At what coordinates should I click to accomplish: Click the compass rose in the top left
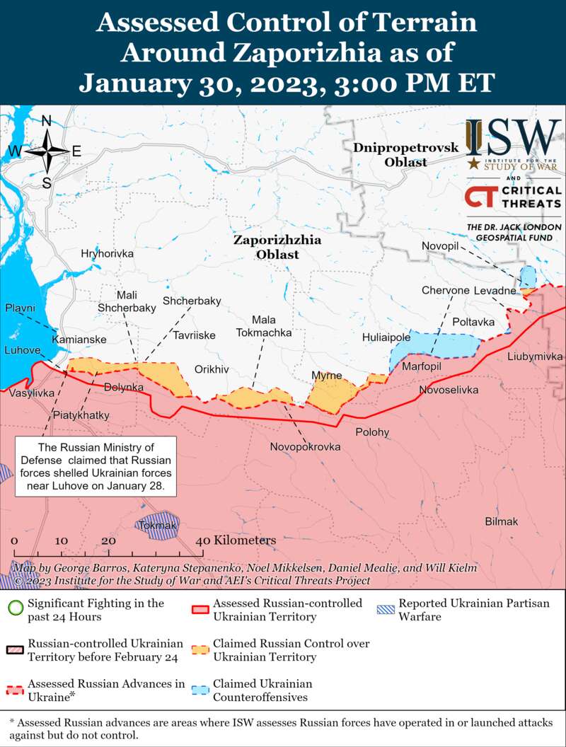tap(47, 151)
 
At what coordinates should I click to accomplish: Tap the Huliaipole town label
tap(386, 337)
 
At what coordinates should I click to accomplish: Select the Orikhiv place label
tap(212, 369)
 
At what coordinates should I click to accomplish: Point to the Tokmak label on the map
tap(158, 526)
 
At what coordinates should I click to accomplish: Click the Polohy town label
tap(372, 432)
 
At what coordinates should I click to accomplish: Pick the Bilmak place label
tap(501, 521)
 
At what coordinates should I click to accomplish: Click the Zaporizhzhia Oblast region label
tap(277, 247)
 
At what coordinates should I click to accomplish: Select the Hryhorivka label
tap(107, 253)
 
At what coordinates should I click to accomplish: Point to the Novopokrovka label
tap(305, 447)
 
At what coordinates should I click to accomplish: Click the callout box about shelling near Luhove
tap(96, 467)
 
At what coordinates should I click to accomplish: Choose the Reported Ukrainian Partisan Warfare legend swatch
tap(386, 609)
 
